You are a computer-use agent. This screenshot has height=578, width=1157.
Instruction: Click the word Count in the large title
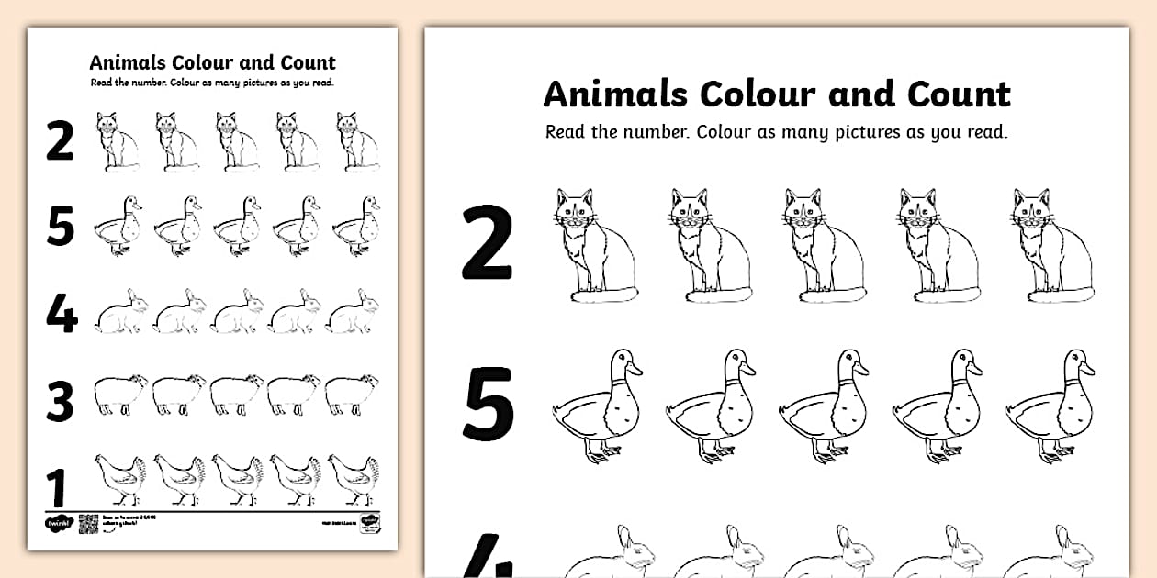[959, 94]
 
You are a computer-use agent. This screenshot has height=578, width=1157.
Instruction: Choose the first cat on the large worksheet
[594, 246]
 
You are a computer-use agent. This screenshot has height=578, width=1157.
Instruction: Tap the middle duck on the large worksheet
[824, 406]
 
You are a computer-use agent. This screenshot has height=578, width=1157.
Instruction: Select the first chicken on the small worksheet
[119, 479]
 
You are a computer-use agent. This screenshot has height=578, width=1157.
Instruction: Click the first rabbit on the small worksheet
[121, 313]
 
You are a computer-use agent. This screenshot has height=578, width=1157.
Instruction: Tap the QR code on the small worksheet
[88, 524]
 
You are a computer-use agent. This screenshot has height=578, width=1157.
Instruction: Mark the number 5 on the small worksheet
[60, 227]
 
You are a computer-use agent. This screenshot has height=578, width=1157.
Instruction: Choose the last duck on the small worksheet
[355, 226]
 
